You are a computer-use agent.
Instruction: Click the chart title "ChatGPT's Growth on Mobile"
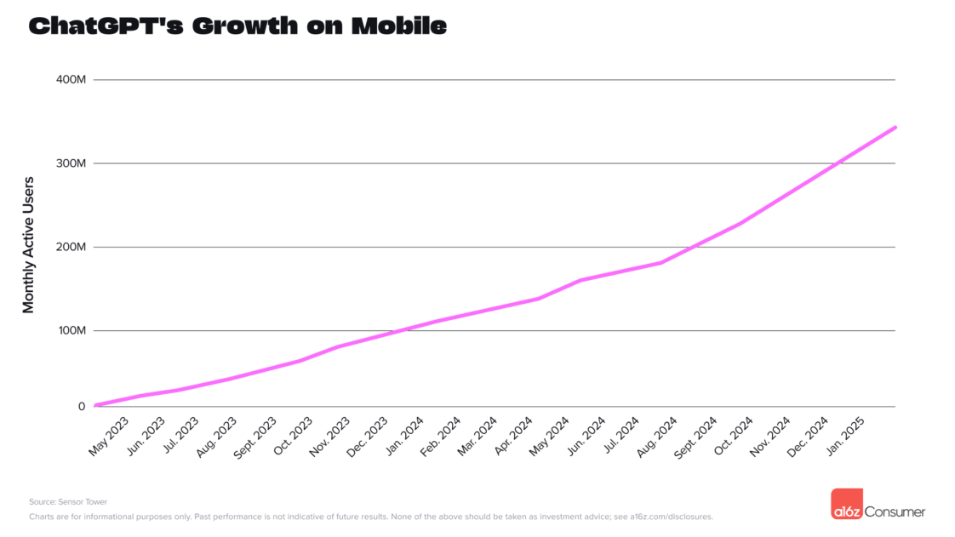point(237,26)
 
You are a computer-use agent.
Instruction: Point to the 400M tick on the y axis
point(71,79)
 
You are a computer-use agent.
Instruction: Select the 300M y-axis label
point(71,163)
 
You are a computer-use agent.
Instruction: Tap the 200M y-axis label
point(71,247)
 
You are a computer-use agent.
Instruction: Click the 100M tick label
point(71,330)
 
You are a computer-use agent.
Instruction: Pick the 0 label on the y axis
point(82,406)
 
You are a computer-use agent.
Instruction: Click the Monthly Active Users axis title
point(29,245)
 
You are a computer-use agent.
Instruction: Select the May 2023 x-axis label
point(108,437)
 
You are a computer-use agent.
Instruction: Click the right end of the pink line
point(895,127)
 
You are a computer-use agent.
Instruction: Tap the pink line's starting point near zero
point(96,405)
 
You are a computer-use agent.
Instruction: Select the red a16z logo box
point(847,505)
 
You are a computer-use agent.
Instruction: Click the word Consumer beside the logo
point(895,511)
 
